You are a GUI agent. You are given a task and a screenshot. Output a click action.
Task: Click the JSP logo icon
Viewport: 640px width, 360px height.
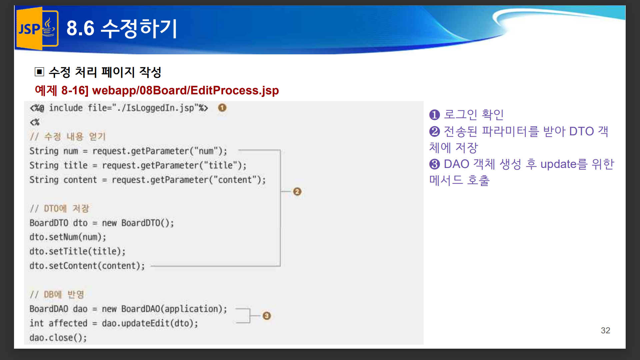click(37, 29)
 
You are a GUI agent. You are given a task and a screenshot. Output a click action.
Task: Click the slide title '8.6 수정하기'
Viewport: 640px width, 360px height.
click(122, 28)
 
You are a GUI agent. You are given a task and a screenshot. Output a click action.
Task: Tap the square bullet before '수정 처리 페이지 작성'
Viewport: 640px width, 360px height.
click(39, 72)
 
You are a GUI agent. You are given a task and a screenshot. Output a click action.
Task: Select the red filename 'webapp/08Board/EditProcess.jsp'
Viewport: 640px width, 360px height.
click(185, 90)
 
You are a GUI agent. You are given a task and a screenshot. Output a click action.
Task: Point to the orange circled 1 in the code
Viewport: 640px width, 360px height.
click(222, 108)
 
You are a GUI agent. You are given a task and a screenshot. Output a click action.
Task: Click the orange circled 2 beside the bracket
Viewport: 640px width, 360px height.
click(297, 192)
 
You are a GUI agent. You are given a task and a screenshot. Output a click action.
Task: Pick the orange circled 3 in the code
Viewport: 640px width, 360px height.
click(267, 316)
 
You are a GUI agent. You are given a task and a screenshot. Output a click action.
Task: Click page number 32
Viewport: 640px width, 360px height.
click(605, 330)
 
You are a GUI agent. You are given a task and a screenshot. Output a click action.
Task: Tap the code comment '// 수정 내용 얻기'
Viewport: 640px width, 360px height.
click(68, 136)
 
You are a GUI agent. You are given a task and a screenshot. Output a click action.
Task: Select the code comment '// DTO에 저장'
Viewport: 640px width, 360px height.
click(60, 208)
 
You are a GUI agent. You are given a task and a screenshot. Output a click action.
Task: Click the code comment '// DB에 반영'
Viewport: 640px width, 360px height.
click(57, 294)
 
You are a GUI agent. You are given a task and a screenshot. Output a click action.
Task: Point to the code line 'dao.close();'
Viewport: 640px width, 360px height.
click(58, 338)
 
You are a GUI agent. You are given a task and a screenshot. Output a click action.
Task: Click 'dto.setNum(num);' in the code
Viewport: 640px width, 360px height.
click(68, 237)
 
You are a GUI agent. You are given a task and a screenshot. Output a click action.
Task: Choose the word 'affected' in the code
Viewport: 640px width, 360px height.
click(68, 323)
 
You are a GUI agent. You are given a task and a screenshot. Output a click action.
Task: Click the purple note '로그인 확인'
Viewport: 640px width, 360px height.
click(474, 114)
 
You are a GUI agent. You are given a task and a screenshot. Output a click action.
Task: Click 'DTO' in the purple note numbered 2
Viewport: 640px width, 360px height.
click(581, 131)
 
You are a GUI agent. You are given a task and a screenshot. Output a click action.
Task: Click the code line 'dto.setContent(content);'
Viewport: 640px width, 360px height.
click(87, 266)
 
